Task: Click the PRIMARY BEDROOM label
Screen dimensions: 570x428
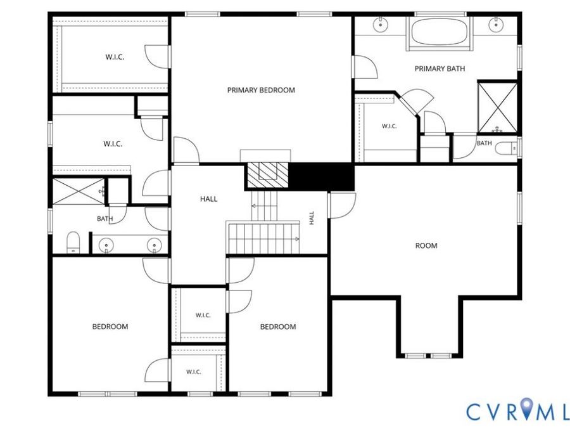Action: click(x=261, y=90)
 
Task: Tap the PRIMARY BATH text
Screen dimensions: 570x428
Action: click(x=440, y=68)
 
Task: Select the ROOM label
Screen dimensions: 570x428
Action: click(x=426, y=245)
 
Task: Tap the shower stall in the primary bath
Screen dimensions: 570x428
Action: click(x=497, y=108)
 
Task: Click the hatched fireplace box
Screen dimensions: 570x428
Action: click(x=268, y=175)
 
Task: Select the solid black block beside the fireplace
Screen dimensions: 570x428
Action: click(x=321, y=176)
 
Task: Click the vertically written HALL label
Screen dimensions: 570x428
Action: click(x=312, y=218)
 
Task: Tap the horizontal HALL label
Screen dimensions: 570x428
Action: click(x=208, y=198)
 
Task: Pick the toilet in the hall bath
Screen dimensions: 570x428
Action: click(x=73, y=242)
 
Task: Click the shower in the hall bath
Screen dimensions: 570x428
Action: click(x=79, y=191)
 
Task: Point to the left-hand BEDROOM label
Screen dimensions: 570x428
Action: click(x=110, y=327)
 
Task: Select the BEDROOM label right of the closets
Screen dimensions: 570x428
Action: click(x=278, y=327)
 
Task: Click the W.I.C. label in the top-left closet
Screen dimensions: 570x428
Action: click(x=115, y=57)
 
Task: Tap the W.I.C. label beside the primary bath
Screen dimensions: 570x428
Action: click(x=389, y=126)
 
